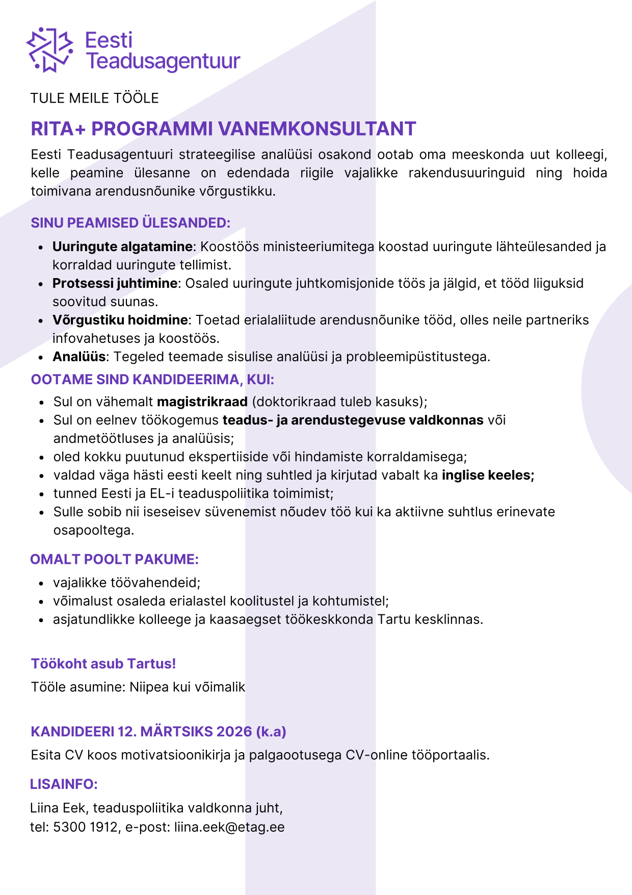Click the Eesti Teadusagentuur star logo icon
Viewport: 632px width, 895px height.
[x=49, y=49]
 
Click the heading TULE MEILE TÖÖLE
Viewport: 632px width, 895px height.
[x=94, y=98]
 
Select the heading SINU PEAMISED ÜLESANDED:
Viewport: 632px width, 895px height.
[x=130, y=223]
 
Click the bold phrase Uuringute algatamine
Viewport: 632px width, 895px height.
[x=122, y=246]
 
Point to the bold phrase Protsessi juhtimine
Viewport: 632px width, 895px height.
[x=115, y=283]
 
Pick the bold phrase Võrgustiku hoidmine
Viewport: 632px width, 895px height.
[x=120, y=320]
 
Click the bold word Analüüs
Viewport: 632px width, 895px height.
[x=79, y=357]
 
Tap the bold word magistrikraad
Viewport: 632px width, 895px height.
[x=202, y=402]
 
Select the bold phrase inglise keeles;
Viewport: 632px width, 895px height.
[x=488, y=475]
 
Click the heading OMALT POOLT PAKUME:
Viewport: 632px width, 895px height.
[x=114, y=559]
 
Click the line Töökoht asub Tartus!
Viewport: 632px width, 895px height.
[x=103, y=663]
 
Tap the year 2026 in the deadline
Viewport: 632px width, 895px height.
[x=234, y=732]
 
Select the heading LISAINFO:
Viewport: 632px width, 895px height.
[x=64, y=784]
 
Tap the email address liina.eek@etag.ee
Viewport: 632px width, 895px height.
[x=229, y=827]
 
